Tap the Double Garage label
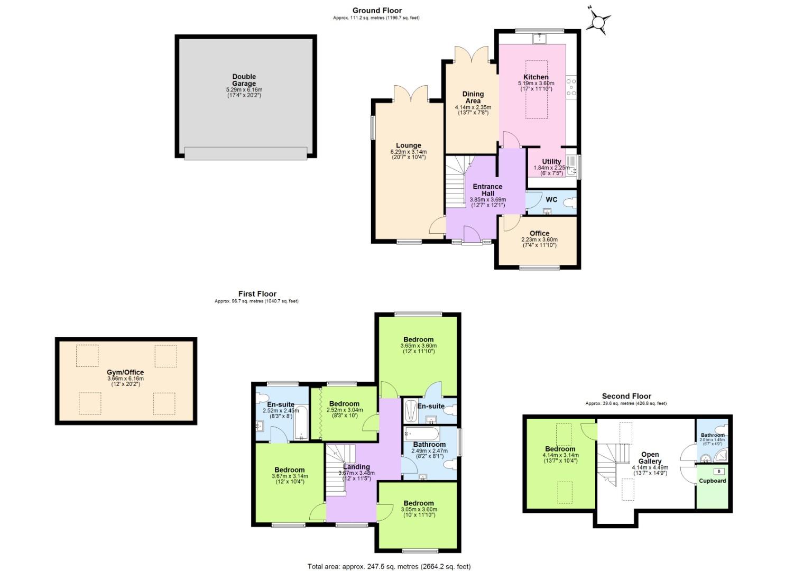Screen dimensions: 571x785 [x=244, y=80]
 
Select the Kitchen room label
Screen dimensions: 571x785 [x=536, y=77]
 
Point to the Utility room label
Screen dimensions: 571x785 [x=551, y=162]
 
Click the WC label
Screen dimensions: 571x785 [x=551, y=200]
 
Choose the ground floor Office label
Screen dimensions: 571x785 [x=539, y=233]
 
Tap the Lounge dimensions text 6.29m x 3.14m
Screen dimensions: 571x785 [x=409, y=152]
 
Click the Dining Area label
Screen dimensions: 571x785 [x=473, y=97]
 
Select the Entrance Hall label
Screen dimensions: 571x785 [x=487, y=190]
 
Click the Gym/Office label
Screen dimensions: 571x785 [x=125, y=372]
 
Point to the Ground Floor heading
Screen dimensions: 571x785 [x=377, y=10]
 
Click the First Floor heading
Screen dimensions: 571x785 [x=257, y=294]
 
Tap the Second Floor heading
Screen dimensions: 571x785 [x=626, y=396]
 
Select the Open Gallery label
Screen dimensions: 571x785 [x=650, y=458]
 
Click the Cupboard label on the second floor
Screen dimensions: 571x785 [x=713, y=481]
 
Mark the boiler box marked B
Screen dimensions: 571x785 [x=718, y=471]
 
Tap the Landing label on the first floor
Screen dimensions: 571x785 [x=356, y=467]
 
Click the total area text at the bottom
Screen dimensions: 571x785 [x=389, y=567]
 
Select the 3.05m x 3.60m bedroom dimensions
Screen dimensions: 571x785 [x=419, y=509]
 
